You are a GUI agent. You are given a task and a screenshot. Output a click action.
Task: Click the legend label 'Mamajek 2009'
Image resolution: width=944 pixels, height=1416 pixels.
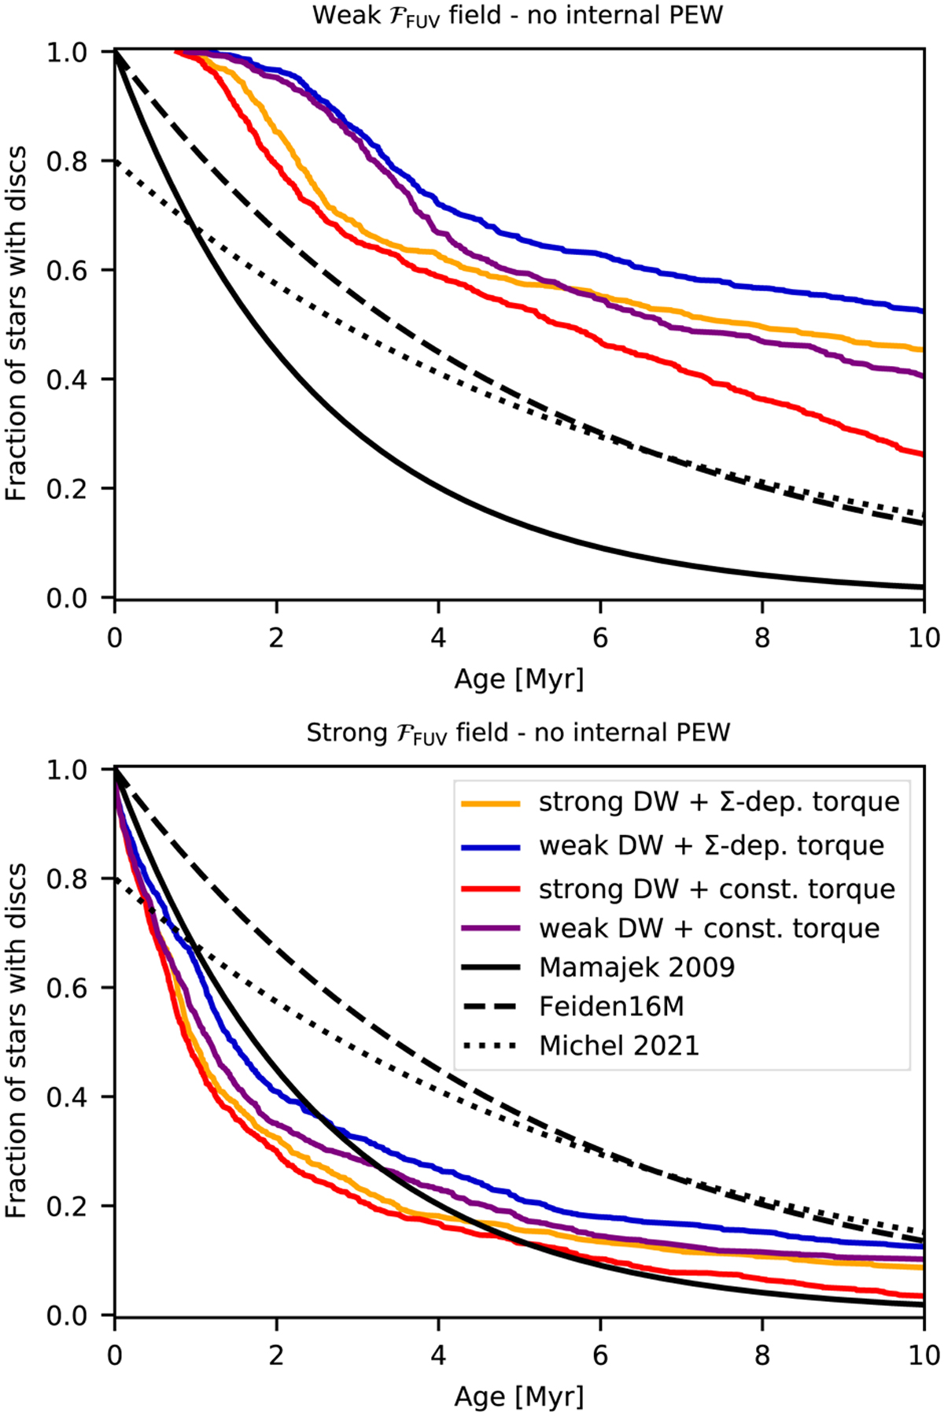coord(636,967)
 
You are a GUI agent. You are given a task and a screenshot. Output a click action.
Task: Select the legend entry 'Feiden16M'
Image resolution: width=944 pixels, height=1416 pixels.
coord(611,1007)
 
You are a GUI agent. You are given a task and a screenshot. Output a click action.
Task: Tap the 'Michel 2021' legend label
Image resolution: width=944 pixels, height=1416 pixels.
coord(619,1046)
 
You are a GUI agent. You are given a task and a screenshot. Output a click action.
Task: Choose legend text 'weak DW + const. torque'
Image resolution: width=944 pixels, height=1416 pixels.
coord(709,928)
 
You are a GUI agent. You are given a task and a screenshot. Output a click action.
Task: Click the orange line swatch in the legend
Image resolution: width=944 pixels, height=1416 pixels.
coord(490,803)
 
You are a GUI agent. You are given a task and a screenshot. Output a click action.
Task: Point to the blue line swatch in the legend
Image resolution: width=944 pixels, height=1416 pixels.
coord(490,846)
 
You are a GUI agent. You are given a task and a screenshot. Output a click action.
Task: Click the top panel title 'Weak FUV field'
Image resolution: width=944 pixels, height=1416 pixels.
coord(518,15)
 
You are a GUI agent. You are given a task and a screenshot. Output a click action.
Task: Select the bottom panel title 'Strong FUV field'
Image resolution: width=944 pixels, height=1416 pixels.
coord(518,733)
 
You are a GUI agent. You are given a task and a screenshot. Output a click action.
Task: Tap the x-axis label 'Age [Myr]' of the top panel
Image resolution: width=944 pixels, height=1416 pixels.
coord(519,678)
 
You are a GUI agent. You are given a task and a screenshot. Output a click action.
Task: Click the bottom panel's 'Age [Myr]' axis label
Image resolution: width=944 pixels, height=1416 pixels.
coord(519,1396)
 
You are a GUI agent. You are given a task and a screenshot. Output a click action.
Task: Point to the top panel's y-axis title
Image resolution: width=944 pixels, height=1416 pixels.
coord(17,323)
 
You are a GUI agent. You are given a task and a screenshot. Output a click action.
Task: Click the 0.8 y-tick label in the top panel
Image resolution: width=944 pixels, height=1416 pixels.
coord(68,161)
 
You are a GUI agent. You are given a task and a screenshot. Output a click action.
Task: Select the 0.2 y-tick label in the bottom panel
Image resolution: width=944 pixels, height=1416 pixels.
coord(68,1207)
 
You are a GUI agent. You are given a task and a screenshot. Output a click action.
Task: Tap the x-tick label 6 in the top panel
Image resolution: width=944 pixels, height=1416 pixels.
coord(600,638)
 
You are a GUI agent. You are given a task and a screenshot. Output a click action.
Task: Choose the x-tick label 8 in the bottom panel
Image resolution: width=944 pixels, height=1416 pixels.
coord(761,1355)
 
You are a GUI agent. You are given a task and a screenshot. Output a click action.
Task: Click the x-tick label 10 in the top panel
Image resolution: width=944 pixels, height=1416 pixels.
coord(924,638)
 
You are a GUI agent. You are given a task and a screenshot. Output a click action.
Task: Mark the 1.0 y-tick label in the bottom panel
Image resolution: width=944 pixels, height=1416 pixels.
coord(68,769)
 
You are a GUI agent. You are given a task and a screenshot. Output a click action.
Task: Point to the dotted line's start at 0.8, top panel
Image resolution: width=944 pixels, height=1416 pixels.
coord(116,161)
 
